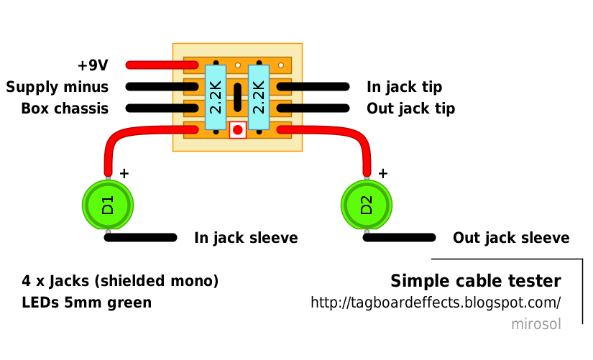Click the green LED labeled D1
pos(108,205)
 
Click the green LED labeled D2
pos(367,205)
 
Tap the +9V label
pos(93,65)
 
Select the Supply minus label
pos(58,87)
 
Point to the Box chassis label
pos(65,109)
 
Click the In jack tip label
pos(404,87)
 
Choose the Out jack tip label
pos(410,109)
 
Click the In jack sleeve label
pos(246,238)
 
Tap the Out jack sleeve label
pos(511,238)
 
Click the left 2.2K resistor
pos(216,97)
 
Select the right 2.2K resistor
pos(259,97)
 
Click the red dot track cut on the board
pos(237,130)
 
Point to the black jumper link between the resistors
pos(237,98)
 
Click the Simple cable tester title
pos(475,280)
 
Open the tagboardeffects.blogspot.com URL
pos(435,303)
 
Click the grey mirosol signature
pos(535,324)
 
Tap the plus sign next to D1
pos(124,173)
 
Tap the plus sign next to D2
pos(382,173)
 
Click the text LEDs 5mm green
pos(87,303)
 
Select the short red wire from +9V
pos(162,65)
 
